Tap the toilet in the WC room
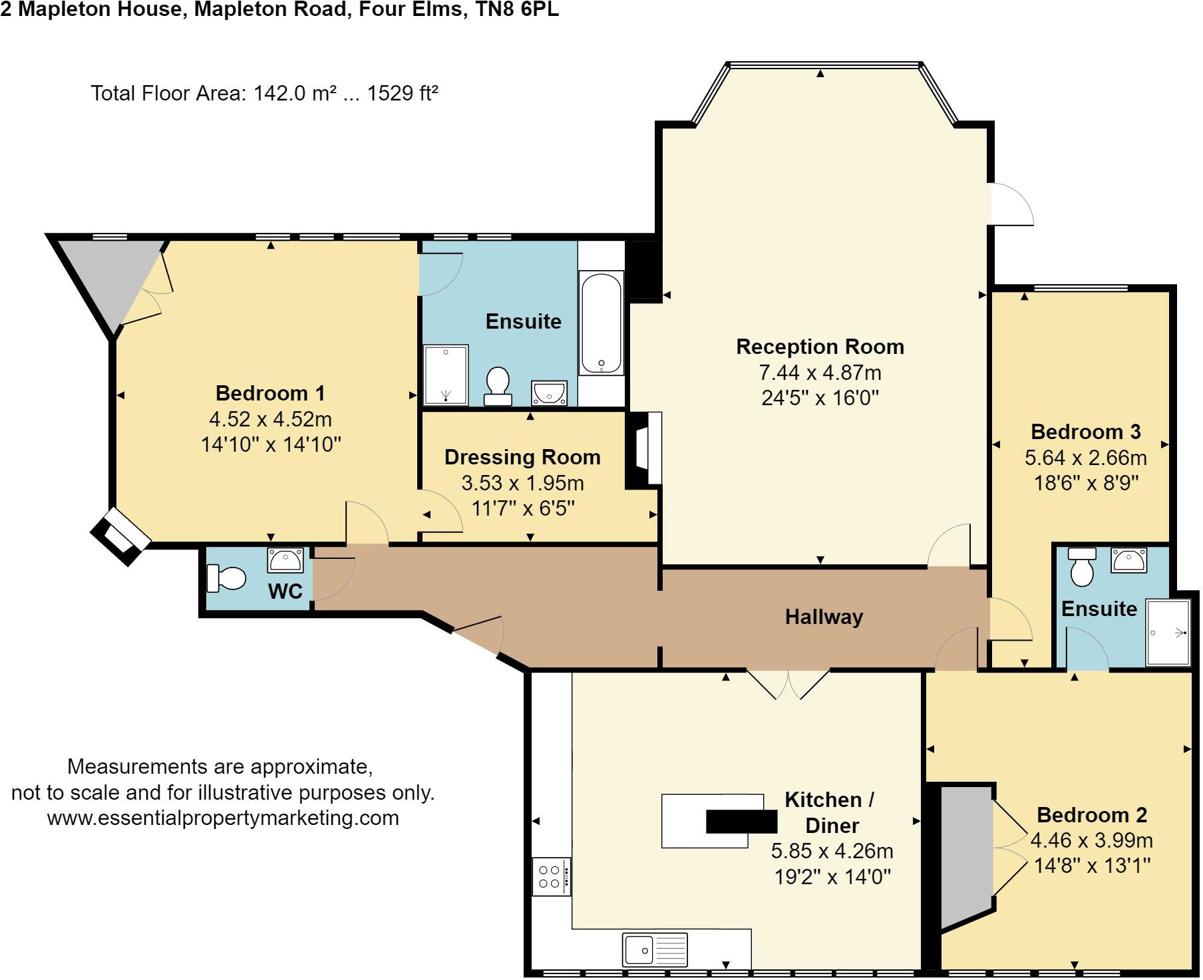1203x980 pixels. tap(227, 578)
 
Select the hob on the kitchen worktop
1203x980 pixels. tap(551, 877)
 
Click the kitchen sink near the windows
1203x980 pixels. tap(655, 949)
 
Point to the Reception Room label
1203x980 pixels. tap(820, 347)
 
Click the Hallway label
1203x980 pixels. tap(824, 617)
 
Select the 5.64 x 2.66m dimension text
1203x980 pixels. tap(1086, 458)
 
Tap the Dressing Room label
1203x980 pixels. tap(522, 457)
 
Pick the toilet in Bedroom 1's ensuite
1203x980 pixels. tap(498, 386)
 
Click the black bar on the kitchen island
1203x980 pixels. tap(741, 822)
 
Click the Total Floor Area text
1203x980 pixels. tap(264, 93)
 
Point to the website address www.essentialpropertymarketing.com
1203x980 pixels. tap(223, 818)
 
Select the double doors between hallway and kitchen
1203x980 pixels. tap(788, 684)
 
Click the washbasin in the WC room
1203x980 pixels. tap(285, 560)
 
